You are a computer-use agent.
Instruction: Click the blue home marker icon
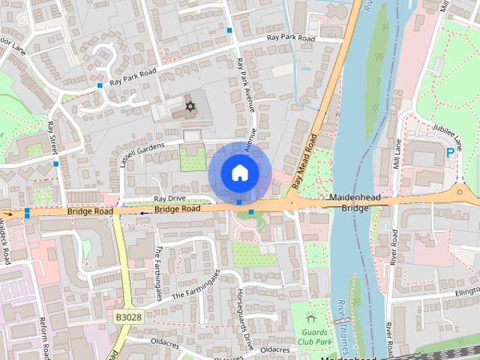click(239, 172)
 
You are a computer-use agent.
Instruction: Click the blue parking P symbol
click(450, 152)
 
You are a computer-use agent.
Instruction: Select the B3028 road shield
click(128, 318)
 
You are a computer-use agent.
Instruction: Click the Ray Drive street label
click(169, 199)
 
